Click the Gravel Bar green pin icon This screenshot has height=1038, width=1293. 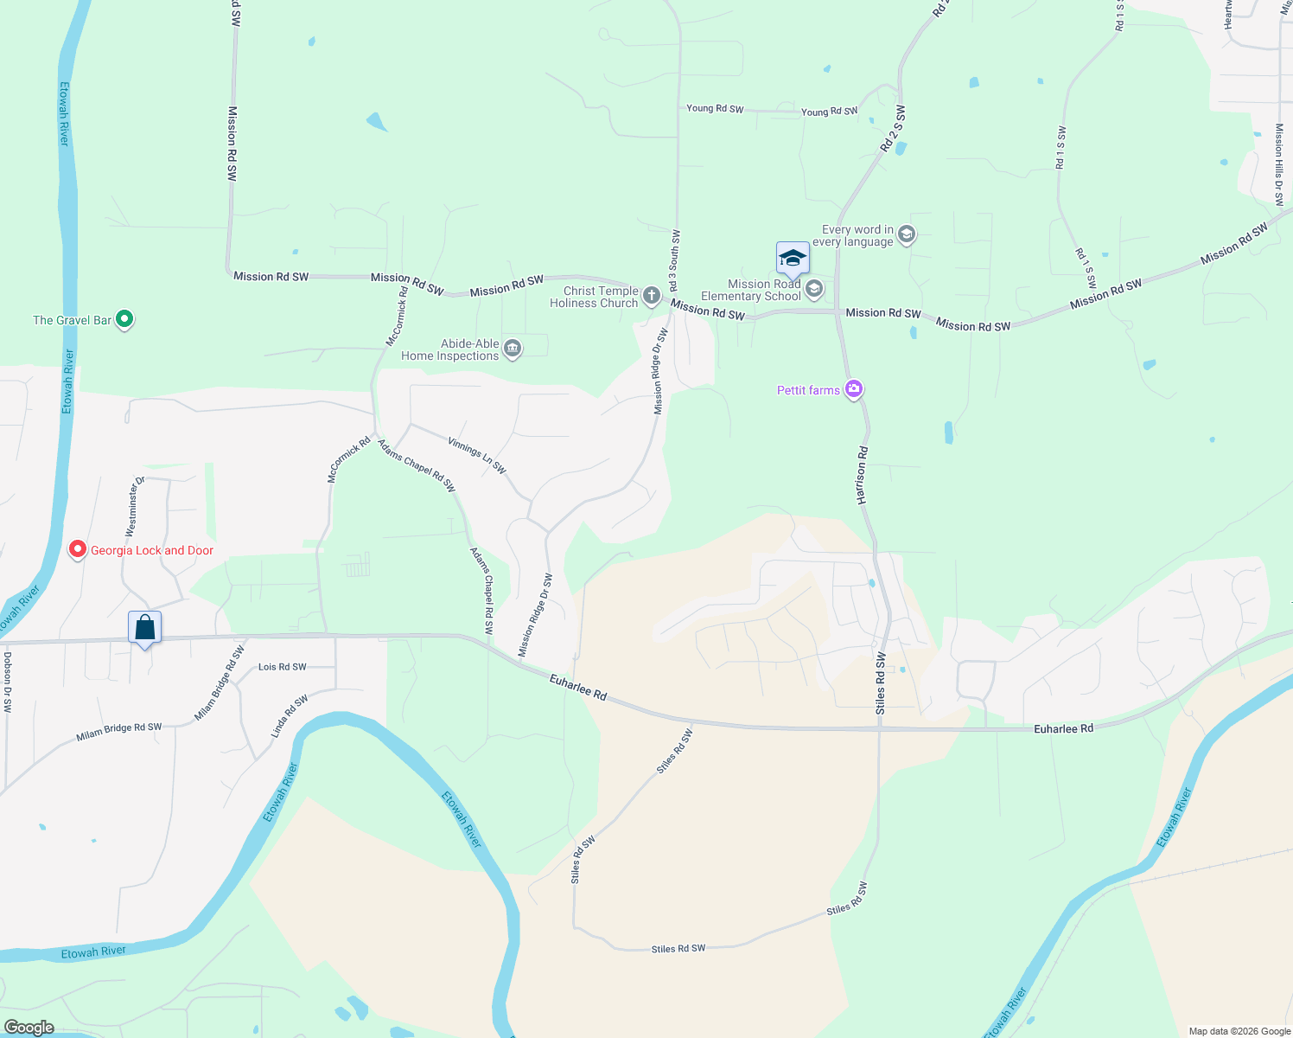pyautogui.click(x=124, y=319)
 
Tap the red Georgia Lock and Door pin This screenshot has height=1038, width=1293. pyautogui.click(x=78, y=549)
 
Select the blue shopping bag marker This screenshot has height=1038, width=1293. pyautogui.click(x=145, y=627)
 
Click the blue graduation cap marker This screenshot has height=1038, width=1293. pyautogui.click(x=793, y=258)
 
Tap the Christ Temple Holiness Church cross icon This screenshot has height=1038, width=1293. pyautogui.click(x=652, y=297)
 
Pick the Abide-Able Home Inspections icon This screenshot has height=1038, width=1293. pyautogui.click(x=513, y=349)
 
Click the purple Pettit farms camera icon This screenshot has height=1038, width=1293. pyautogui.click(x=854, y=389)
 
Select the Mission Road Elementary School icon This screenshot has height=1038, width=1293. pyautogui.click(x=813, y=289)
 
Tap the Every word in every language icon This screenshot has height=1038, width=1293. pyautogui.click(x=906, y=234)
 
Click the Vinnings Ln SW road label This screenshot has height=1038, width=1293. pyautogui.click(x=476, y=455)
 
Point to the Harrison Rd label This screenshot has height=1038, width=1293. pyautogui.click(x=862, y=476)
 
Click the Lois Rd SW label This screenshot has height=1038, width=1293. pyautogui.click(x=283, y=667)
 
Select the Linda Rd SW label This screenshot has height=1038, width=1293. pyautogui.click(x=290, y=716)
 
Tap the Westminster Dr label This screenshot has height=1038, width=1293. pyautogui.click(x=135, y=507)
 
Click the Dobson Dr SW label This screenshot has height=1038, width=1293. pyautogui.click(x=8, y=682)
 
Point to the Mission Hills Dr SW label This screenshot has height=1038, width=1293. pyautogui.click(x=1279, y=164)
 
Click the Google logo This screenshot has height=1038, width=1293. pyautogui.click(x=29, y=1028)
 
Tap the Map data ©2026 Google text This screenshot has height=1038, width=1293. pyautogui.click(x=1239, y=1031)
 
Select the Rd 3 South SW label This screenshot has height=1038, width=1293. pyautogui.click(x=674, y=260)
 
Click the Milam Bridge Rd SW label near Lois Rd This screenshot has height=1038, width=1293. pyautogui.click(x=220, y=683)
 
